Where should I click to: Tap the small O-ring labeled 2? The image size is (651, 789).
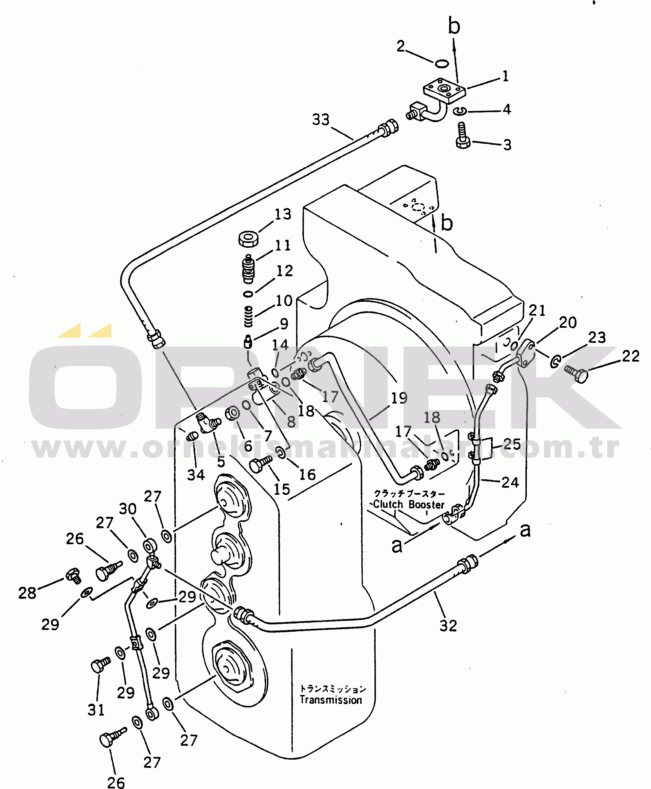(442, 64)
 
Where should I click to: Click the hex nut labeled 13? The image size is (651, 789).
(248, 239)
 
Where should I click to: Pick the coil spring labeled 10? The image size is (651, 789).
(248, 316)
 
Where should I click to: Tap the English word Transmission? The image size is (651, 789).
(331, 700)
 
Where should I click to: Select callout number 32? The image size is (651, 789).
(448, 626)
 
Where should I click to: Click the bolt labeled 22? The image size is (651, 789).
(576, 373)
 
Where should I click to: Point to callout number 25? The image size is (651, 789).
(512, 444)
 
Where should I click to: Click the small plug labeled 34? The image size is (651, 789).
(192, 436)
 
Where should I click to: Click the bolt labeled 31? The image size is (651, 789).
(100, 665)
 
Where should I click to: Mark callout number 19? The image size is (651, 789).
(399, 398)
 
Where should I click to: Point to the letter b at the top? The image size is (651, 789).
(454, 26)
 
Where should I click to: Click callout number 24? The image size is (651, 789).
(510, 482)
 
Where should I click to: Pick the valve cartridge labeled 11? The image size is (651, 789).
(248, 269)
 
